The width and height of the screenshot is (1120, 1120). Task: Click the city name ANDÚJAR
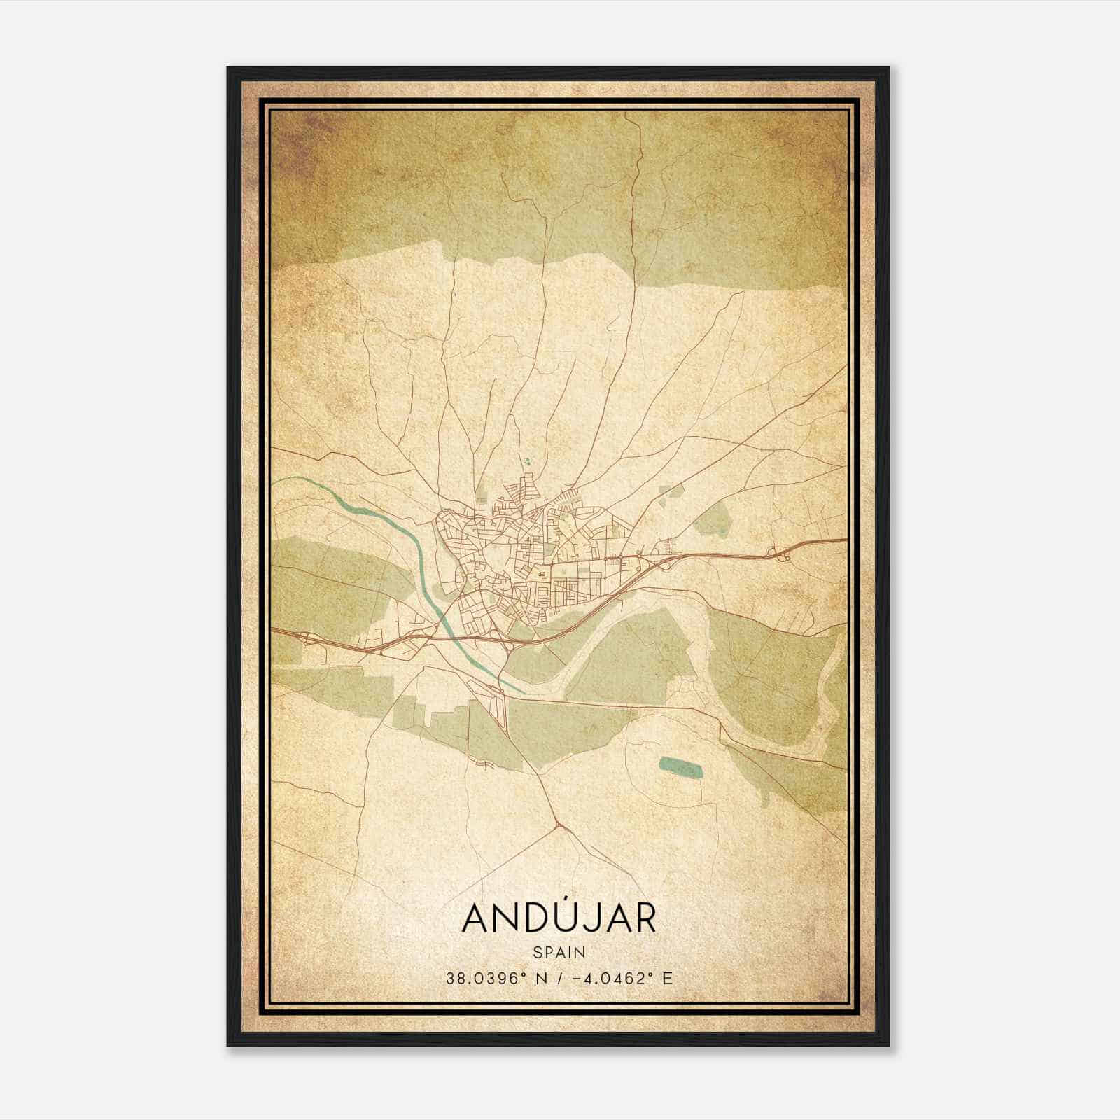pos(559,919)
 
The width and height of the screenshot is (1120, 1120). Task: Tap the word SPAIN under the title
pos(559,952)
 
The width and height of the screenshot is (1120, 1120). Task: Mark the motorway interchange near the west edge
pos(306,636)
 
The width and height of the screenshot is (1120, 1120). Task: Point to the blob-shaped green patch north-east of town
pos(713,519)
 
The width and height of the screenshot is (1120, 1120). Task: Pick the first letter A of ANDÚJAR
pos(477,920)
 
